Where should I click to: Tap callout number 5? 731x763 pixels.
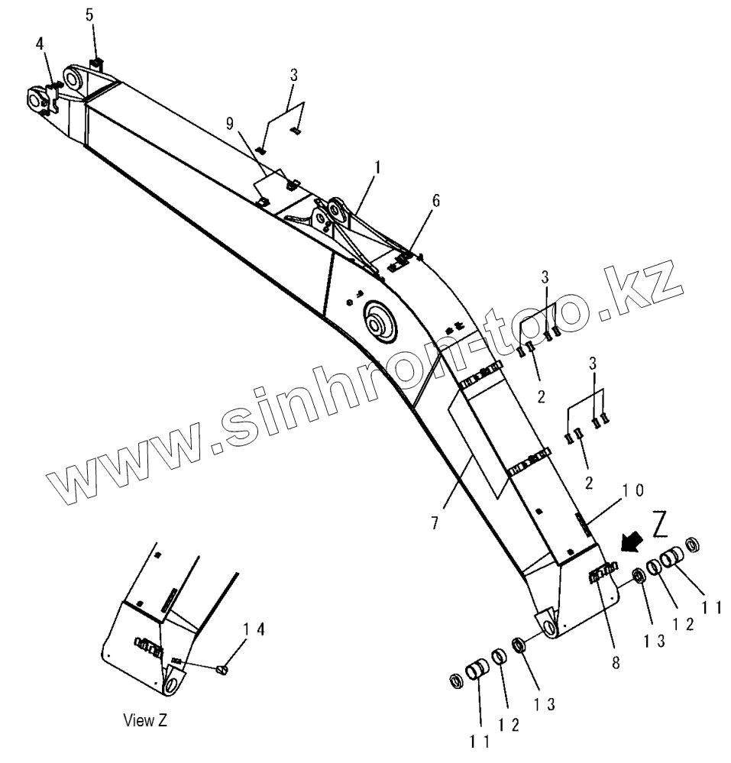point(90,15)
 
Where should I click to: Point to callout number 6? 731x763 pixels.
point(435,201)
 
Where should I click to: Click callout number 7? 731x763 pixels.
point(434,523)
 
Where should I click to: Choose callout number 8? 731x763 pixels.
point(616,661)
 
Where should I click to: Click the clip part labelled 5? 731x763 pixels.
point(95,63)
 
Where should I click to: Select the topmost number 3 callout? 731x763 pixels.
point(293,75)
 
